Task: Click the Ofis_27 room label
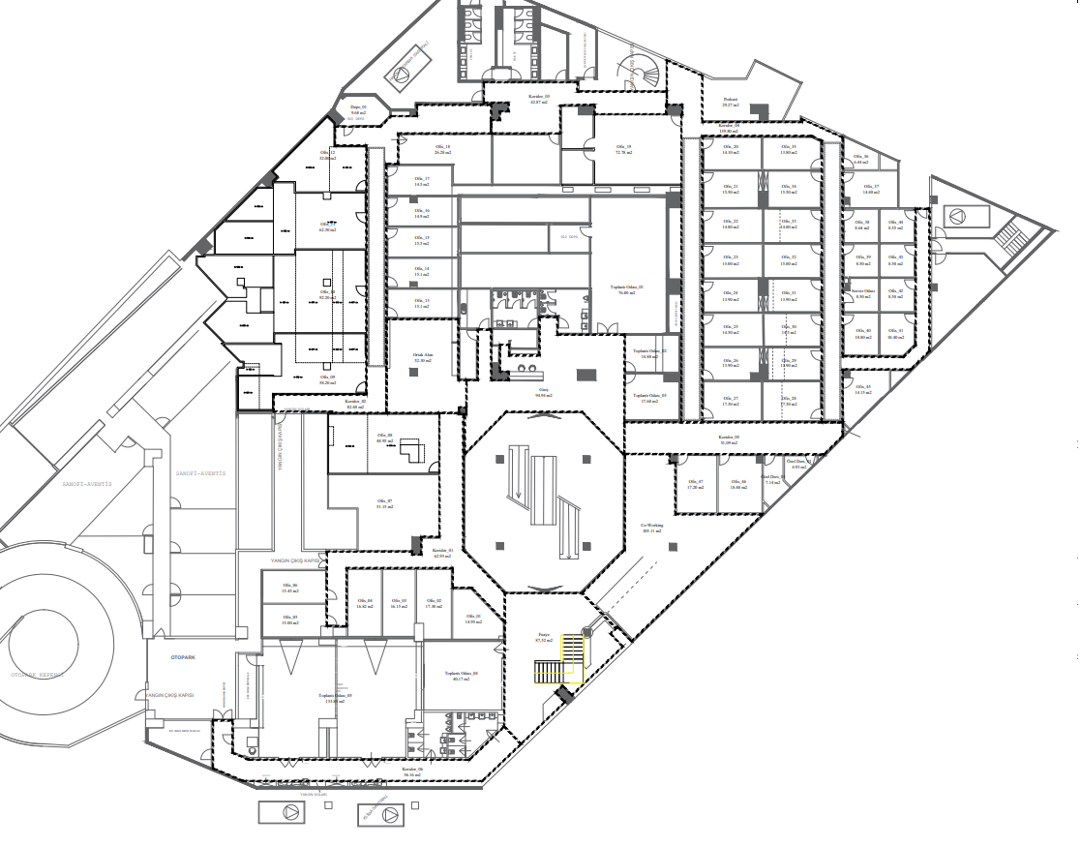click(730, 399)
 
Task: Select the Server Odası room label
click(862, 290)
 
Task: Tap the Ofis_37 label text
click(870, 187)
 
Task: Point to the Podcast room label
click(732, 100)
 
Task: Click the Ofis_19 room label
click(623, 147)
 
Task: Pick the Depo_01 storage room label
click(358, 108)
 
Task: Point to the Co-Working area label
click(651, 527)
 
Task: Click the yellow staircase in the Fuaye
click(561, 663)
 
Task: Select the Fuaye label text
click(544, 636)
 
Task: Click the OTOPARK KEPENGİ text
click(37, 675)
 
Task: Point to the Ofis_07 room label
click(383, 501)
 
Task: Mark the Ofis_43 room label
click(862, 389)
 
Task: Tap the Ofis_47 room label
click(695, 483)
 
